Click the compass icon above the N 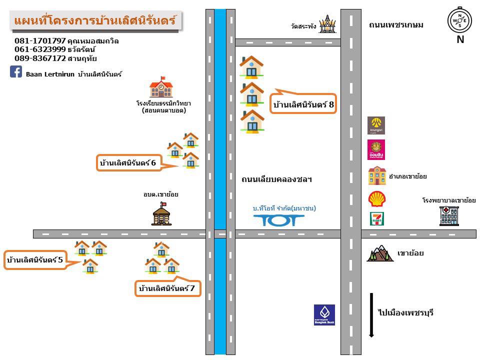[x=459, y=20]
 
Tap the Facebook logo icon [x=16, y=72]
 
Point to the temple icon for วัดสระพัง [x=327, y=24]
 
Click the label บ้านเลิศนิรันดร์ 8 [x=303, y=104]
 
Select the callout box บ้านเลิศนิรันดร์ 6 [x=128, y=163]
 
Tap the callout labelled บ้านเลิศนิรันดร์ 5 [x=35, y=260]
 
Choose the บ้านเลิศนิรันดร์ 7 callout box [x=168, y=288]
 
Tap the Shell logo [x=376, y=199]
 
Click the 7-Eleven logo [x=376, y=218]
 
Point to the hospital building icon [x=448, y=215]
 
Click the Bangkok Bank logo [x=324, y=315]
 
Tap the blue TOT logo [x=278, y=220]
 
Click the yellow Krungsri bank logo [x=376, y=125]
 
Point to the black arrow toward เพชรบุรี [x=370, y=315]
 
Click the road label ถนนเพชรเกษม [x=396, y=25]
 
